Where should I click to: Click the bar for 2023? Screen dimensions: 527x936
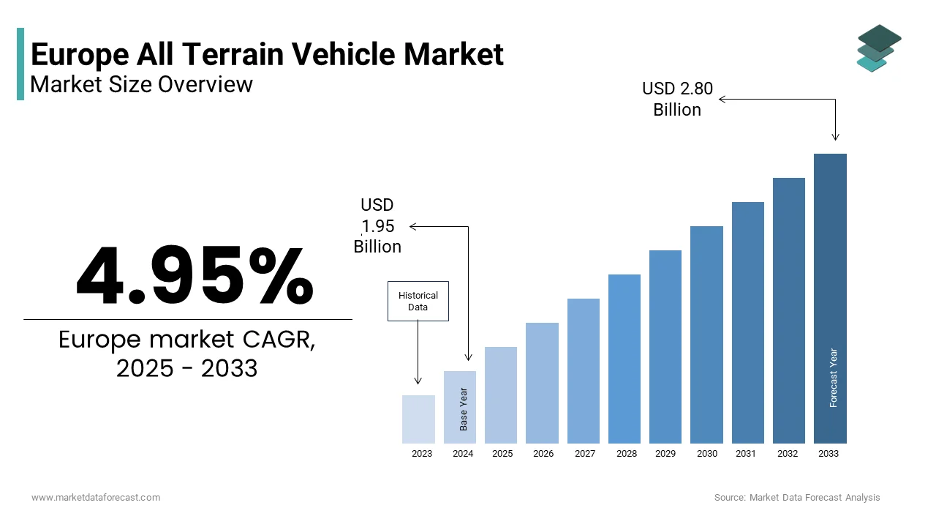(418, 419)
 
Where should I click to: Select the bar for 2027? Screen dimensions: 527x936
(583, 371)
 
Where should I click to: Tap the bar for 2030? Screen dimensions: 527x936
(706, 334)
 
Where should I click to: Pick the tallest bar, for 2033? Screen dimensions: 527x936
(830, 299)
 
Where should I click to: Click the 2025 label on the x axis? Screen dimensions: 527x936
(502, 454)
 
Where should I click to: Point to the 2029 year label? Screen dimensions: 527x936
(665, 454)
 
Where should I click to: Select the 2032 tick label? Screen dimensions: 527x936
(788, 454)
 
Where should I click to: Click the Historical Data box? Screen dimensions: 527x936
(418, 301)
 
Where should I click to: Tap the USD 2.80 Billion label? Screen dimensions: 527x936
(677, 99)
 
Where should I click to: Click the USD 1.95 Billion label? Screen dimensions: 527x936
(377, 225)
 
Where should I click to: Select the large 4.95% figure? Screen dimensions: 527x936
(195, 277)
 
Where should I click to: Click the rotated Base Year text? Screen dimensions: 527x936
(464, 408)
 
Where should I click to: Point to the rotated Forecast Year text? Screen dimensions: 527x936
(834, 378)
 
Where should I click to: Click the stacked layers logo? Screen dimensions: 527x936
(879, 48)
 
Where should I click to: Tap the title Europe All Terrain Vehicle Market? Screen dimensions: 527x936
(267, 55)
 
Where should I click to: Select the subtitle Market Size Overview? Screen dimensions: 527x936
(141, 85)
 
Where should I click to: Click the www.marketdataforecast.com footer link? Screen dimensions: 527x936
(96, 498)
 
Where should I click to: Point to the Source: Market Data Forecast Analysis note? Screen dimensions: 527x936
(797, 498)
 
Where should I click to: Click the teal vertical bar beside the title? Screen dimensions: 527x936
(20, 64)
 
